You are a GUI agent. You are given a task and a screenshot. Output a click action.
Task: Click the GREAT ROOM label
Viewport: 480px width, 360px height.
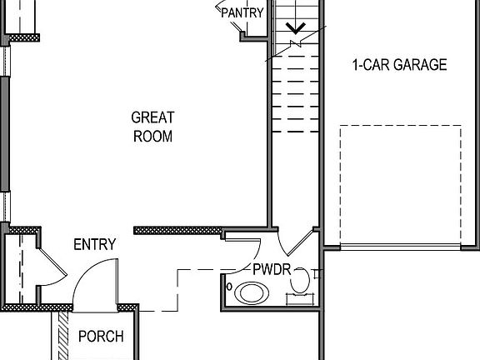(152, 127)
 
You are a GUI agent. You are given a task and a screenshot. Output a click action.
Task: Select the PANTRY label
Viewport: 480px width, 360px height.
(242, 12)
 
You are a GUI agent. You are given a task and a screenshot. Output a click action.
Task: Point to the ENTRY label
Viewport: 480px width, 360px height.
(94, 244)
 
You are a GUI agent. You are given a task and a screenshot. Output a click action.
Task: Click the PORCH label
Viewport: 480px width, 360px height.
(100, 337)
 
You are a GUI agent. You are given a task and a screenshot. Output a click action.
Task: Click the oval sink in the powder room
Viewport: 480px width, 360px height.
(249, 292)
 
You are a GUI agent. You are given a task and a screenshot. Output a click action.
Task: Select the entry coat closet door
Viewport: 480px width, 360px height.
(52, 265)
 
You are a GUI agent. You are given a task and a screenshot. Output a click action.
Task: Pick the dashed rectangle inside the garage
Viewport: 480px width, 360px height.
(400, 185)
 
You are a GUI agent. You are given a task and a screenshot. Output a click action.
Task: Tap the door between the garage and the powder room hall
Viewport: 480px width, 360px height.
(296, 241)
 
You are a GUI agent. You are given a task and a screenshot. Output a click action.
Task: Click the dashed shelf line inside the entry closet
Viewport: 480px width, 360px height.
(20, 267)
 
